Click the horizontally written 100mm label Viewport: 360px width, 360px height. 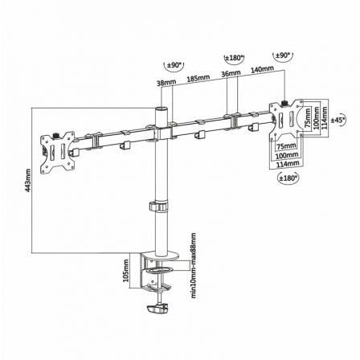pyautogui.click(x=285, y=156)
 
